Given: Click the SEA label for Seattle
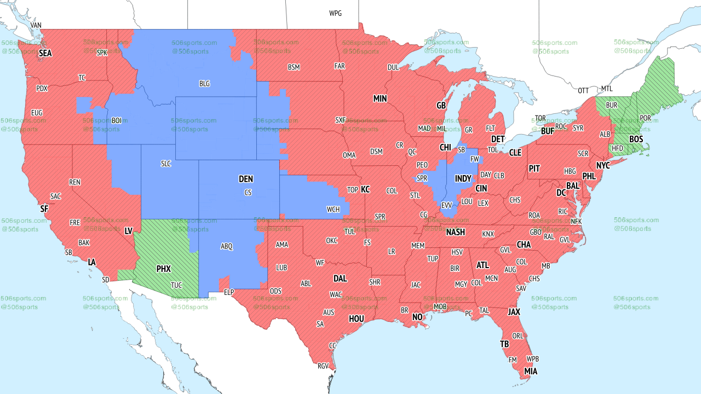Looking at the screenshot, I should tap(45, 54).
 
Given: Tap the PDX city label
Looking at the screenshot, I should tap(42, 89).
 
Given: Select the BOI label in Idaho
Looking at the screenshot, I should tap(117, 120).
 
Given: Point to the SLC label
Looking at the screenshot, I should tap(165, 164).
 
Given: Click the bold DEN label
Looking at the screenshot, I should tap(246, 179).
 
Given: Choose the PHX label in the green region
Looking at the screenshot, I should tap(163, 269).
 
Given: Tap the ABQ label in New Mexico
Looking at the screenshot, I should tap(227, 247).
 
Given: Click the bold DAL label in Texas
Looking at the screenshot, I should tap(340, 279).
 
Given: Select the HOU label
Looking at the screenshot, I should tap(357, 318).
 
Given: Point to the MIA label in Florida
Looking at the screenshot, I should tap(530, 372).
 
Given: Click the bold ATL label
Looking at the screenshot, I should tap(482, 265).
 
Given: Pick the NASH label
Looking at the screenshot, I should tap(455, 232).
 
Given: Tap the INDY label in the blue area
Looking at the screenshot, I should tap(463, 179).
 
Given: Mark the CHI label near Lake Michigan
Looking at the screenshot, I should tap(445, 148).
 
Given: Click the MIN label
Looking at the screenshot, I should tap(380, 99).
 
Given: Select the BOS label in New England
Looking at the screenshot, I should tap(636, 140).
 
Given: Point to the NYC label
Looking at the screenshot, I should tap(603, 165).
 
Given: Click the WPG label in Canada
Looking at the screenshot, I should tap(335, 13).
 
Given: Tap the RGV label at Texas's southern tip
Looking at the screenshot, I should tap(323, 366).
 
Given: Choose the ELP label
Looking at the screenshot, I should tap(229, 293).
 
